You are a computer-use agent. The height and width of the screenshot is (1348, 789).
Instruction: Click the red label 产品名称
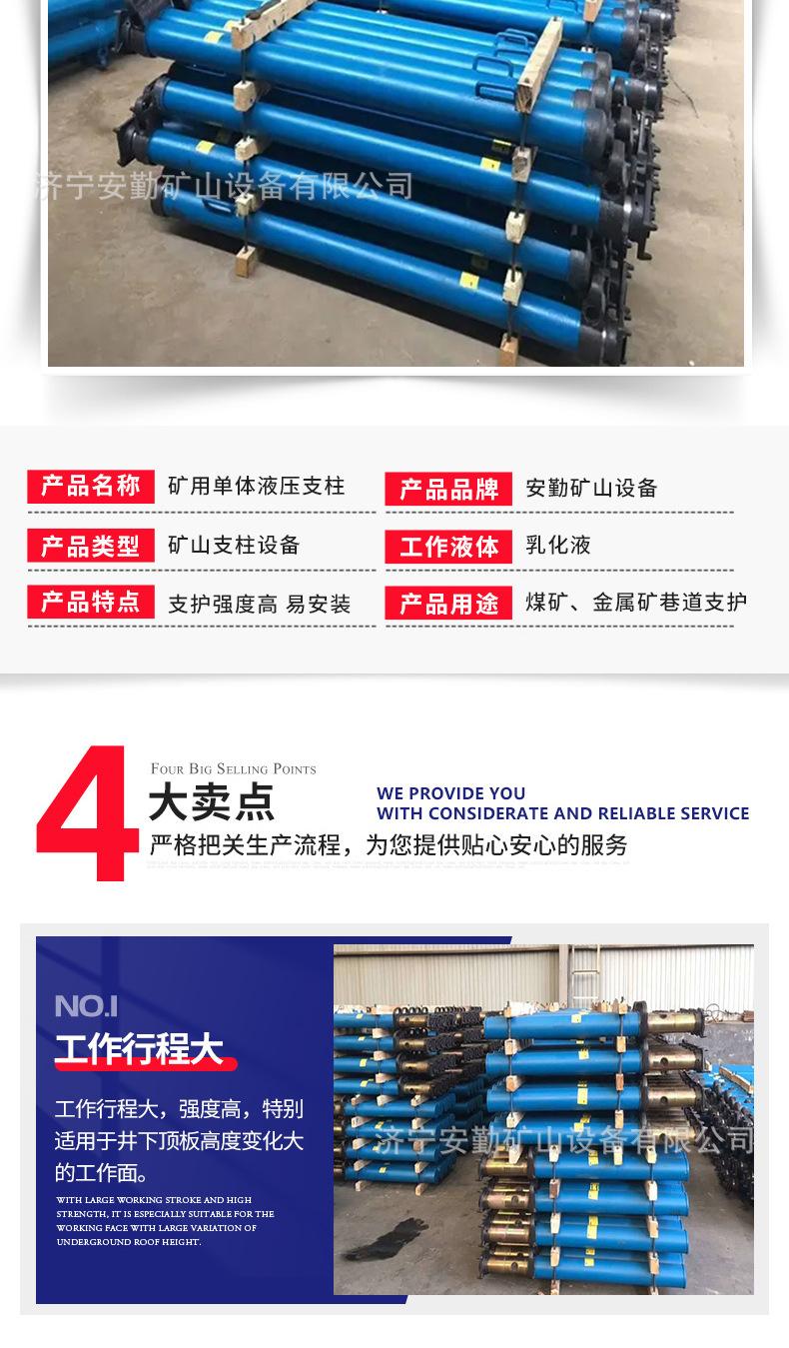pyautogui.click(x=90, y=487)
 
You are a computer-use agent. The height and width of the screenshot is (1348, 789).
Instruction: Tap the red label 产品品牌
pyautogui.click(x=448, y=490)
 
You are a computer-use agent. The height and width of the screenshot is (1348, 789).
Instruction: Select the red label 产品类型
pyautogui.click(x=90, y=546)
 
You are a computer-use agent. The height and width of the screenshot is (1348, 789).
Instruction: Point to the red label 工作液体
pyautogui.click(x=448, y=547)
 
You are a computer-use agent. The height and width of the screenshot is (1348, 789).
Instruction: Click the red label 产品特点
pyautogui.click(x=90, y=603)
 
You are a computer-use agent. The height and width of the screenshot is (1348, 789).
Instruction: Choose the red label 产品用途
pyautogui.click(x=448, y=605)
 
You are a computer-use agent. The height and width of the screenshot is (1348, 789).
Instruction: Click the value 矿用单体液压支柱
pyautogui.click(x=256, y=487)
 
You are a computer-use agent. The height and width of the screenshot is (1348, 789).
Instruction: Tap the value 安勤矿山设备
pyautogui.click(x=591, y=489)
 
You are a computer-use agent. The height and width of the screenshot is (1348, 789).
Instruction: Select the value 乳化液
pyautogui.click(x=558, y=546)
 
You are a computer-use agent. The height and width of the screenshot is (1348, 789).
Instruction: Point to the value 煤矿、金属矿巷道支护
pyautogui.click(x=636, y=603)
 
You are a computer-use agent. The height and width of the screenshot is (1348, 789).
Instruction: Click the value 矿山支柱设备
pyautogui.click(x=234, y=546)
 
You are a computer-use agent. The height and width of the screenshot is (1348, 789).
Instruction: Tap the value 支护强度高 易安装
pyautogui.click(x=259, y=605)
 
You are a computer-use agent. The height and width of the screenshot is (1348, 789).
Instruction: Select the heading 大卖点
pyautogui.click(x=211, y=803)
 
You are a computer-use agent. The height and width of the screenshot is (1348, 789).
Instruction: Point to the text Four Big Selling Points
pyautogui.click(x=233, y=769)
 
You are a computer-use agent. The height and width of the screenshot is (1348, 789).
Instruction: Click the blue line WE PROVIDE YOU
pyautogui.click(x=450, y=793)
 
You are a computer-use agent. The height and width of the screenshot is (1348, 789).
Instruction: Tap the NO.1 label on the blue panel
pyautogui.click(x=86, y=1005)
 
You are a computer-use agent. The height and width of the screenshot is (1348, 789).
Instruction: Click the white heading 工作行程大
pyautogui.click(x=138, y=1051)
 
